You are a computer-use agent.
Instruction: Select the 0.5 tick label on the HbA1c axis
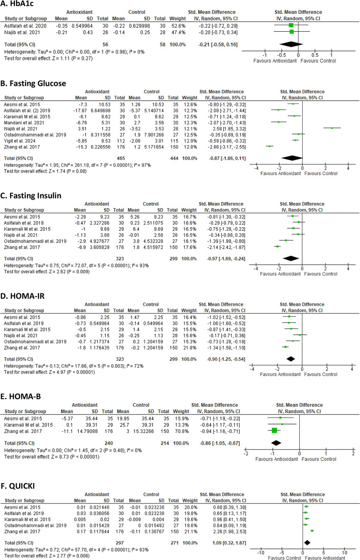[315, 55]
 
